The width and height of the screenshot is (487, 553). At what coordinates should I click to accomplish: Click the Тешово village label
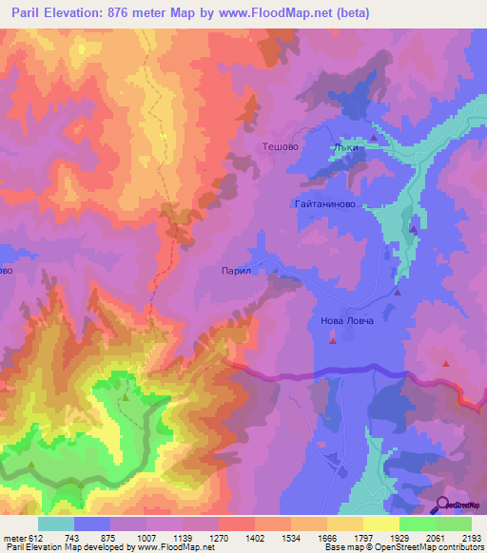point(281,147)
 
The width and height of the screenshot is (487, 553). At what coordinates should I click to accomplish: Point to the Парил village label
point(235,271)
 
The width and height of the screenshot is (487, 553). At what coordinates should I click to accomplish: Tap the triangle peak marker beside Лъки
point(373,140)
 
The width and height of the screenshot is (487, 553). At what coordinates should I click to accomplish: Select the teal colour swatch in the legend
point(56,524)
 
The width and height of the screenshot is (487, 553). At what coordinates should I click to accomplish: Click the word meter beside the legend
point(13,539)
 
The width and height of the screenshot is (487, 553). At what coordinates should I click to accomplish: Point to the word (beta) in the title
point(347,14)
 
